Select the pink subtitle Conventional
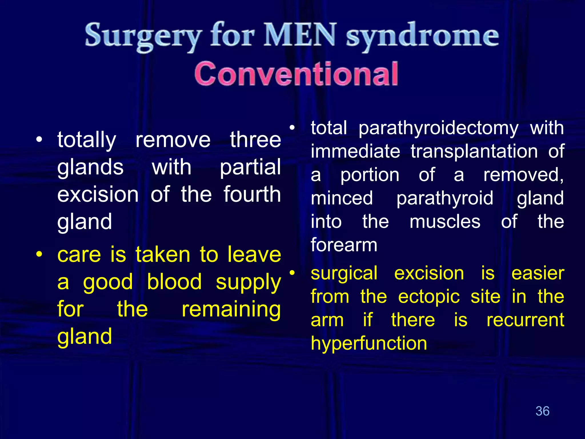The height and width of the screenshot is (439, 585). click(296, 74)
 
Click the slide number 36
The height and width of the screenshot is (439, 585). click(542, 411)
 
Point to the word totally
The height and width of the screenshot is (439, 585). click(87, 140)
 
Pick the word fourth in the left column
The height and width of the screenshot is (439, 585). click(252, 194)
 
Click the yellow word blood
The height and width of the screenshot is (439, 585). click(174, 282)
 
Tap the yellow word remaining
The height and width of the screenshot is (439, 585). click(231, 309)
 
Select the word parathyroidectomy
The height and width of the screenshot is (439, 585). click(438, 128)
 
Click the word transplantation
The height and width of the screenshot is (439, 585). click(474, 151)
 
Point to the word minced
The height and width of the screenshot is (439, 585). click(342, 198)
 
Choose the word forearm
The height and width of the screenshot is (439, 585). click(344, 245)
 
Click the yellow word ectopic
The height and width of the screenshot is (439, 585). click(429, 297)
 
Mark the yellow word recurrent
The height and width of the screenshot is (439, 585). click(525, 320)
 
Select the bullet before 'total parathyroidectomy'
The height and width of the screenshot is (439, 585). click(292, 128)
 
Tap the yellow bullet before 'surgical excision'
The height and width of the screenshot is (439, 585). click(292, 273)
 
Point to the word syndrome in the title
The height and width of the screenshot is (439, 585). click(422, 37)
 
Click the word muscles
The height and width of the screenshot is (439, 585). click(445, 222)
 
